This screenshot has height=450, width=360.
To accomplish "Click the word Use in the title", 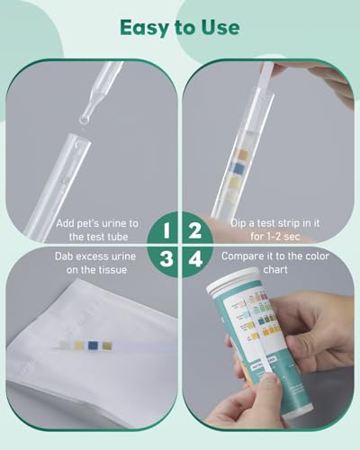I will (220, 26).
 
